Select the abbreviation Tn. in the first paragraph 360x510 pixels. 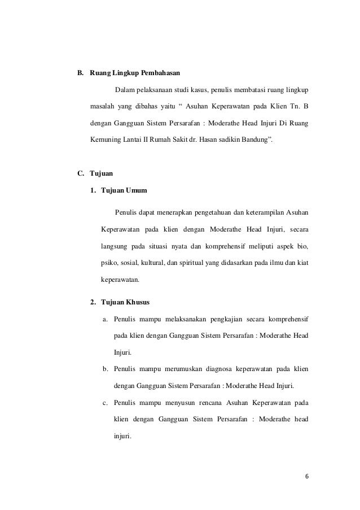point(290,106)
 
